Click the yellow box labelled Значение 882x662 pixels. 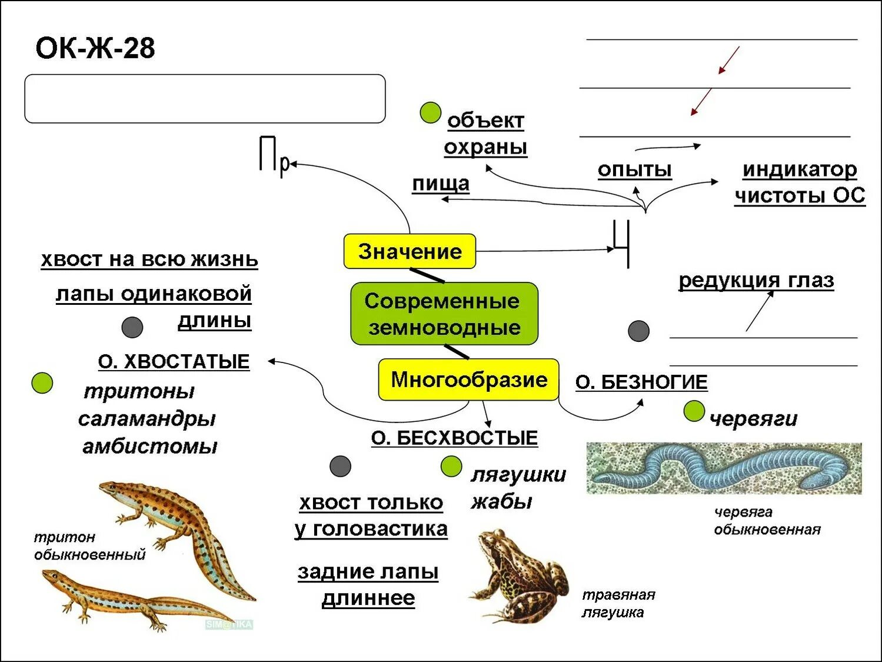(410, 251)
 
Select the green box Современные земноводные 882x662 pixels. (444, 314)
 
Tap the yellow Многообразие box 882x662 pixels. (468, 380)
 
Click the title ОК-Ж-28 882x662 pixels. (95, 48)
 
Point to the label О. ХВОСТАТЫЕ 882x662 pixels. (174, 361)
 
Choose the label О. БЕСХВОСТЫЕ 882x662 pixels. (454, 438)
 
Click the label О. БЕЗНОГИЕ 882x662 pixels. (641, 382)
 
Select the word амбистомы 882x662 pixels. (149, 446)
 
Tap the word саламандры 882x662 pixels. (147, 418)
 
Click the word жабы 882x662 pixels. (501, 501)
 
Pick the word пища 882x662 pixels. (441, 184)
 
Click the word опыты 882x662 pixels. (634, 169)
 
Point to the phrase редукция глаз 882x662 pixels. (756, 280)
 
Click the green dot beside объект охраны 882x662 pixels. (431, 112)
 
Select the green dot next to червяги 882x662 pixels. (694, 411)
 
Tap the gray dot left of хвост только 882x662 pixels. (340, 466)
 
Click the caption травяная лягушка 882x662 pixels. (618, 603)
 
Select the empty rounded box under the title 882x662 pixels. (205, 99)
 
